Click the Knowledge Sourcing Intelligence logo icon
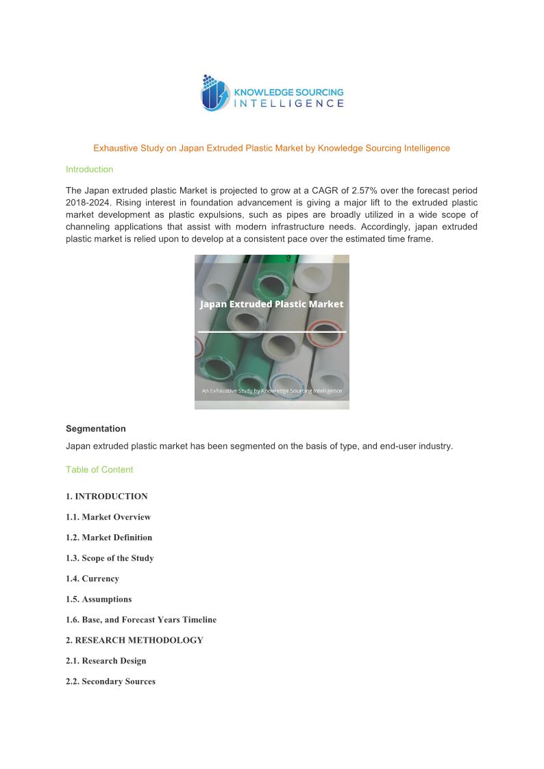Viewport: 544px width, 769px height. point(214,94)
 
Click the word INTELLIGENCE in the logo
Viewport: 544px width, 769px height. point(289,103)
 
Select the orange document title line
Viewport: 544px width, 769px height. point(271,148)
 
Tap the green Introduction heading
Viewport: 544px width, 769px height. point(89,169)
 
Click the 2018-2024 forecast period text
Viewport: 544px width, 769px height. point(90,202)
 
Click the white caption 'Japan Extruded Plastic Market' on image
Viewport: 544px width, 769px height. point(271,304)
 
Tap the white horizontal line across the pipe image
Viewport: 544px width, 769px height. point(271,332)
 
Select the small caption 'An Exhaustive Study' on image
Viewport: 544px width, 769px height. point(271,391)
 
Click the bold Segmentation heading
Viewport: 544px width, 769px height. point(95,429)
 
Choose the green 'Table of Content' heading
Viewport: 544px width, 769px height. point(99,470)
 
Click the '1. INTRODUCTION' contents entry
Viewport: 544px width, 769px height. point(106,496)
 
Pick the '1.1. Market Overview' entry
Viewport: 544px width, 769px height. point(108,517)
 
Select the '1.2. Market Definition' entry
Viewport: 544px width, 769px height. point(109,538)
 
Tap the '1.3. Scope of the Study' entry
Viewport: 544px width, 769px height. point(110,558)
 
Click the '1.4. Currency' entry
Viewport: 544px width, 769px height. point(92,579)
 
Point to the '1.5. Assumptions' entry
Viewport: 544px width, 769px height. point(99,599)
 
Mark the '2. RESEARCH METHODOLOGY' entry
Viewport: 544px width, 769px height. point(134,640)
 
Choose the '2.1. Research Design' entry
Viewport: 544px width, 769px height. point(106,661)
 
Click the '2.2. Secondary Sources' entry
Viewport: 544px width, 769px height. point(110,681)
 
